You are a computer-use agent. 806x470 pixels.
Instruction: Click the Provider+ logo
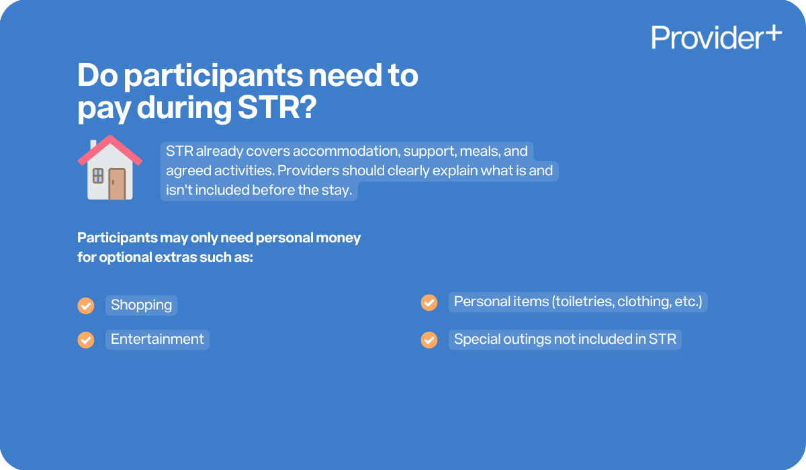coord(716,37)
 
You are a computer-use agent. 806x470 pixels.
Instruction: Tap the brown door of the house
coord(118,183)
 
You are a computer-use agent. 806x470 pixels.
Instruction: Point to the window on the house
coord(98,176)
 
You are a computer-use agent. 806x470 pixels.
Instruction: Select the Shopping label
coord(141,305)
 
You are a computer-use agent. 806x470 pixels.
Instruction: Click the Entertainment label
coord(157,339)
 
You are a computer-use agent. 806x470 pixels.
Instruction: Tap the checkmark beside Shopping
coord(86,305)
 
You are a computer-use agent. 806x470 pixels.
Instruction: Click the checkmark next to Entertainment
coord(86,340)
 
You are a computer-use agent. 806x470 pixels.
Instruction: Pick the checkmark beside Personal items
coord(429,303)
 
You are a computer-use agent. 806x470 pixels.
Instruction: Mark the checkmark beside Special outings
coord(429,340)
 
